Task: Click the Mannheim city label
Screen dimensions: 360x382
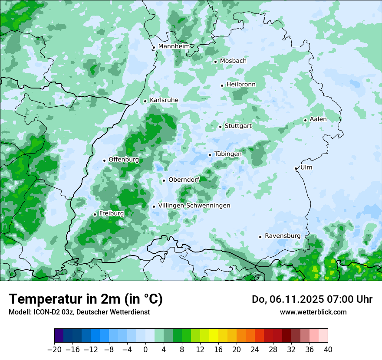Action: (x=174, y=46)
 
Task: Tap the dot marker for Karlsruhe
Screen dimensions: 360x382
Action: (x=145, y=101)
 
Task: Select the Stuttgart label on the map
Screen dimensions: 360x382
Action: (x=238, y=126)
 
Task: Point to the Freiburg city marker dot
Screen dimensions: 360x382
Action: (x=95, y=214)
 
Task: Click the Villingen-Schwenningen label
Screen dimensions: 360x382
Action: (x=194, y=206)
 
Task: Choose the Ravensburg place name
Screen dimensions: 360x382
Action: (x=283, y=236)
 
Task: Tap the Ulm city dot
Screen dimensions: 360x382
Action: (x=296, y=168)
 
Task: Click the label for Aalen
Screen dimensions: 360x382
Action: (x=318, y=119)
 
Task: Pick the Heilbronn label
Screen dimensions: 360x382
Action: (x=241, y=85)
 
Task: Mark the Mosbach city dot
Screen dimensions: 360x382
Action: (x=215, y=62)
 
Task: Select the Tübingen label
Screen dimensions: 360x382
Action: (x=228, y=154)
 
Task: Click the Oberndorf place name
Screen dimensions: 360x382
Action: (x=184, y=180)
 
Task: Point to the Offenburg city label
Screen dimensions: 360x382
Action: (x=124, y=160)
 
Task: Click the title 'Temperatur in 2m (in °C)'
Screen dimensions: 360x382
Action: (x=86, y=299)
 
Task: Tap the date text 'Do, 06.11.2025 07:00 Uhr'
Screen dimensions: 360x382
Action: (x=312, y=299)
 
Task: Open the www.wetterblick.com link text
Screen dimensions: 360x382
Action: (x=313, y=312)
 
